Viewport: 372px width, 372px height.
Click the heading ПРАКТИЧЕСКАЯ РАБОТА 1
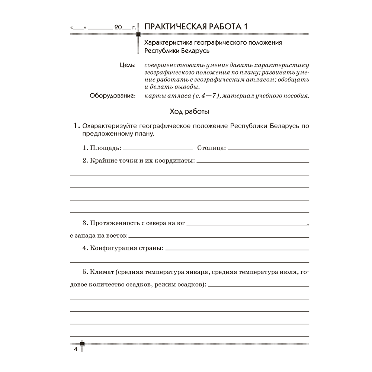pos(196,27)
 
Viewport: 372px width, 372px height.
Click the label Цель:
pos(128,65)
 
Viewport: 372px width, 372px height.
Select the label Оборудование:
pos(113,96)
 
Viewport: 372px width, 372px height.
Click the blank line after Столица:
pos(268,149)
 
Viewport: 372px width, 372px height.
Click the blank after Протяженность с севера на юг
pos(247,224)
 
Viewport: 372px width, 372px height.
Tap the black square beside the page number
pos(82,343)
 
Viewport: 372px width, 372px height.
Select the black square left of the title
pos(138,35)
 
